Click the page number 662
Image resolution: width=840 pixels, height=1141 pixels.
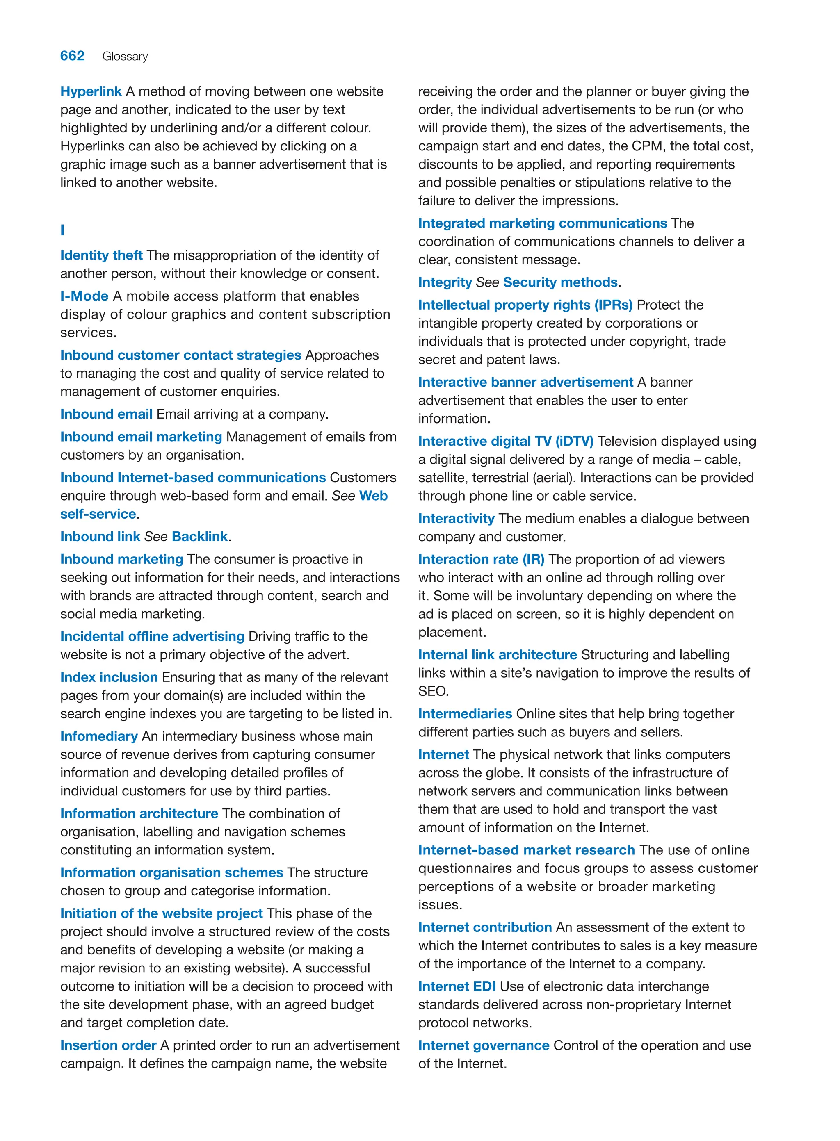click(72, 56)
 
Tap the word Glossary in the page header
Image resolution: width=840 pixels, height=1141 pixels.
click(125, 57)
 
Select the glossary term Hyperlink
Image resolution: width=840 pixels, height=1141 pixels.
click(91, 91)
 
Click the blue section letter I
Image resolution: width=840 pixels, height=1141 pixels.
click(62, 230)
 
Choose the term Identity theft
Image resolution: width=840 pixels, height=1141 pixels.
click(101, 255)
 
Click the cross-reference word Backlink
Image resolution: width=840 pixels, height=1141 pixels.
click(199, 536)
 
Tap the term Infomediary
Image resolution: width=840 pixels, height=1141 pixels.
click(99, 736)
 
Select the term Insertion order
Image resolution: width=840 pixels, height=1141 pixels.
click(108, 1045)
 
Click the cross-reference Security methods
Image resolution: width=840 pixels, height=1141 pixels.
click(560, 282)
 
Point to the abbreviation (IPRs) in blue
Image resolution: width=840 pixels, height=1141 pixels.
click(613, 305)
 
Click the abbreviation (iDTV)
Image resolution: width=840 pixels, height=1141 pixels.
click(574, 441)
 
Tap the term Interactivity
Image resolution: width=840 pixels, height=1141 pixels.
click(456, 518)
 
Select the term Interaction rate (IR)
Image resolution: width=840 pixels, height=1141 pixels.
click(481, 559)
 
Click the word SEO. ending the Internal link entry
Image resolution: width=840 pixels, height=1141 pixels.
click(433, 691)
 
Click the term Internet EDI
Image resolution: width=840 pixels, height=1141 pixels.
click(457, 986)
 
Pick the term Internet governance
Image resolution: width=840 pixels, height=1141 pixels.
click(484, 1045)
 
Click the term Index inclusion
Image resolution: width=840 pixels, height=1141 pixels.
click(109, 677)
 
